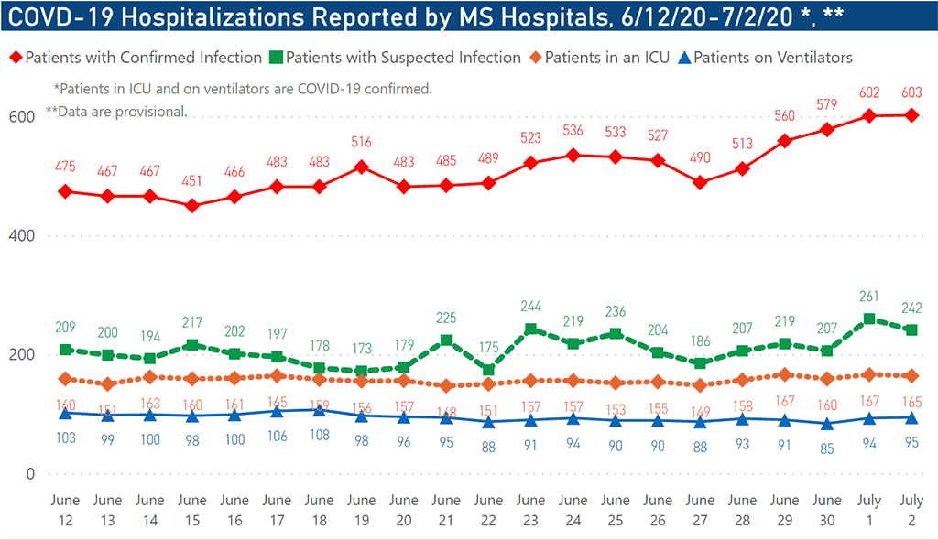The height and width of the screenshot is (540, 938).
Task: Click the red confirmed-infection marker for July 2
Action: point(912,115)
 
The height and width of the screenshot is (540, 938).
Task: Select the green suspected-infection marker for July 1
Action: point(870,319)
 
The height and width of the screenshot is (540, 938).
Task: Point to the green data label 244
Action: point(531,307)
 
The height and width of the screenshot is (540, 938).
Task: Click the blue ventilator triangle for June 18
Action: point(319,410)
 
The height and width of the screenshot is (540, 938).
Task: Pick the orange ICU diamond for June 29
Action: point(785,374)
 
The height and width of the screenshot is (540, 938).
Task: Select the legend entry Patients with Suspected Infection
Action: point(403,58)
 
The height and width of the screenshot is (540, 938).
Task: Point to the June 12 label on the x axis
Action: point(65,509)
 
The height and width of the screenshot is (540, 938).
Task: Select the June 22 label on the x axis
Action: point(489,509)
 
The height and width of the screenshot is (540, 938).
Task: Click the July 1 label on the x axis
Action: point(870,509)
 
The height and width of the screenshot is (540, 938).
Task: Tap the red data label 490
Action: point(701,157)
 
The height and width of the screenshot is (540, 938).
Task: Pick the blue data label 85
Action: point(828,448)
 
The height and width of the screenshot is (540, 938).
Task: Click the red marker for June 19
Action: point(362,167)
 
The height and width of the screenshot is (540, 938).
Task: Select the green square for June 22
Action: point(489,370)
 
